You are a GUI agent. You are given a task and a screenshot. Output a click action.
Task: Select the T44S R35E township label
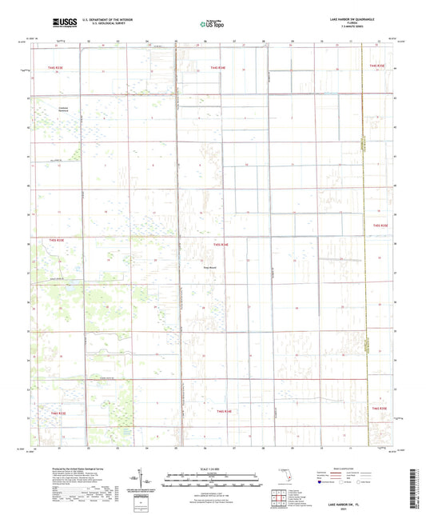coord(377,65)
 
